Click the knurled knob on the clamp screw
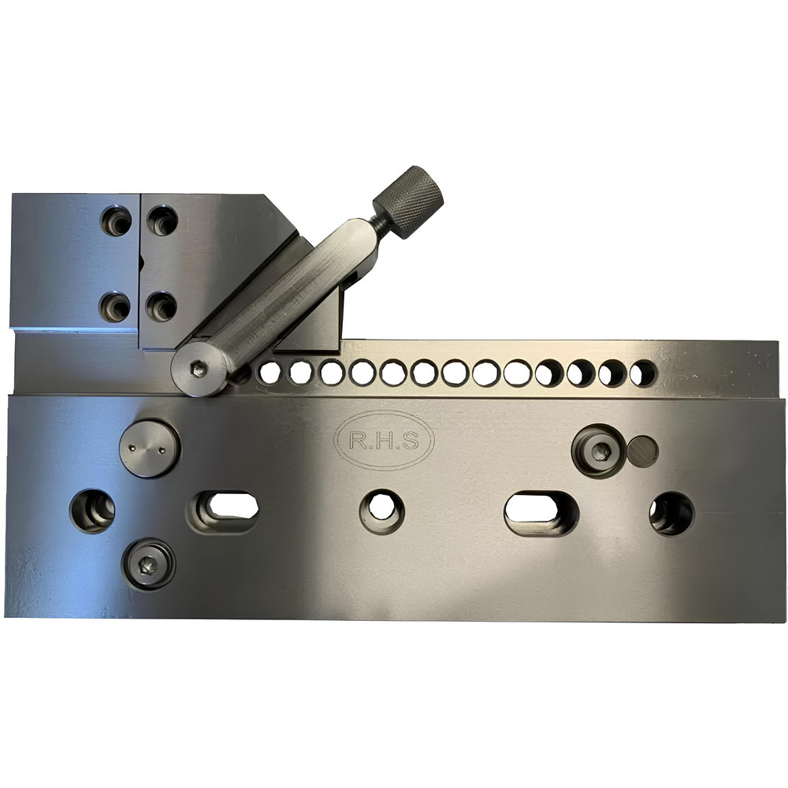pyautogui.click(x=408, y=202)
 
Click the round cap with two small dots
pyautogui.click(x=149, y=448)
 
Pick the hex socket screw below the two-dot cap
pyautogui.click(x=148, y=563)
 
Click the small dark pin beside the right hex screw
pyautogui.click(x=643, y=450)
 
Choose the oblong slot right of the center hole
pyautogui.click(x=541, y=513)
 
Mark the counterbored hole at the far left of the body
pyautogui.click(x=92, y=511)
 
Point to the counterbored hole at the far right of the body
pyautogui.click(x=671, y=513)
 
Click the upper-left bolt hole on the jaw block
pyautogui.click(x=116, y=221)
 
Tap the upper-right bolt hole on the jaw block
pyautogui.click(x=163, y=221)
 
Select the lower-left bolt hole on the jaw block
pyautogui.click(x=116, y=306)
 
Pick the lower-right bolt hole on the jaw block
pyautogui.click(x=163, y=306)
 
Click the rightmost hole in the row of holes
pyautogui.click(x=643, y=373)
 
